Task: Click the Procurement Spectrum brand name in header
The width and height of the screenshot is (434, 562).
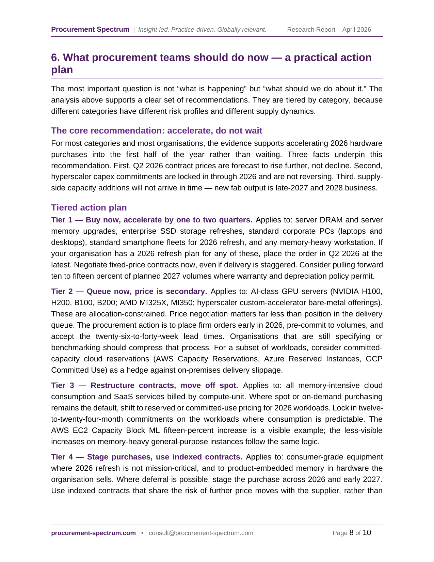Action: click(90, 30)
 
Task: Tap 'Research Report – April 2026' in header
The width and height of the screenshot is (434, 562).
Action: click(329, 30)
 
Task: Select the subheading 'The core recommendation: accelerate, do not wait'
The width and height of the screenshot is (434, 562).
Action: click(157, 131)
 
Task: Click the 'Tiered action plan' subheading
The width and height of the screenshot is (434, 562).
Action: click(89, 208)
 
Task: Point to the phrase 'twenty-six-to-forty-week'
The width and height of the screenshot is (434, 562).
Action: click(137, 337)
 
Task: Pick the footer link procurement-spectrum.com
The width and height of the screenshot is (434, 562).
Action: click(93, 533)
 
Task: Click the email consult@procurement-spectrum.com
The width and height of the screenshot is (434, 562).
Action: click(201, 533)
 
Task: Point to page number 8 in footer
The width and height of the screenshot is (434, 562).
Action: click(351, 533)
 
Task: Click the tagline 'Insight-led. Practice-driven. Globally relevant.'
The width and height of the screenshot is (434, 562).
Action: click(202, 30)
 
